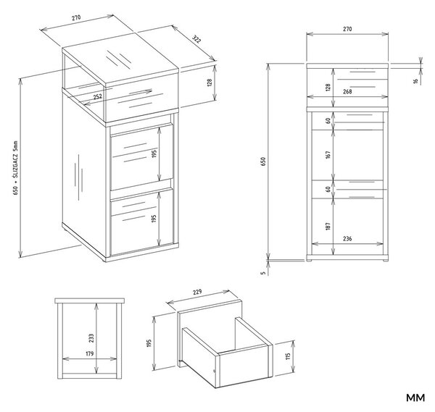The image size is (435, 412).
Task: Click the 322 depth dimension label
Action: click(x=196, y=40)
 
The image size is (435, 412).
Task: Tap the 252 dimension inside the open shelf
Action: click(x=97, y=97)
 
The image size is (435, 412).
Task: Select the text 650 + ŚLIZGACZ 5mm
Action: click(x=15, y=168)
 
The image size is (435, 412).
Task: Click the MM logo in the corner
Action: click(x=415, y=398)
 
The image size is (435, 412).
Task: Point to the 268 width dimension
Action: click(x=347, y=91)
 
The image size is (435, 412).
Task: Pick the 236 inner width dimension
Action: click(x=347, y=238)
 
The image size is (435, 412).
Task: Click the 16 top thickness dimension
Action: click(x=415, y=81)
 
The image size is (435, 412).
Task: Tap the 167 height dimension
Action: click(x=328, y=155)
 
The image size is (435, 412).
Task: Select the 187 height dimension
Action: click(x=328, y=226)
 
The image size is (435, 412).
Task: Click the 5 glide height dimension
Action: click(x=264, y=273)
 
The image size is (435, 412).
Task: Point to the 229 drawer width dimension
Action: click(x=197, y=293)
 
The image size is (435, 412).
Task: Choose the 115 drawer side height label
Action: click(x=288, y=356)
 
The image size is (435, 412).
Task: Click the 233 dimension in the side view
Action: click(x=91, y=338)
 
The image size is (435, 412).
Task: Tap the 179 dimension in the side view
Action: click(x=90, y=354)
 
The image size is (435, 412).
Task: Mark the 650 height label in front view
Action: click(x=263, y=161)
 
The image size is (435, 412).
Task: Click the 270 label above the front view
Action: click(x=347, y=29)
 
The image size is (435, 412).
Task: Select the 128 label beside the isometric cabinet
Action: click(x=210, y=83)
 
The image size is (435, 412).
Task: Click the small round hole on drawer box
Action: click(x=214, y=371)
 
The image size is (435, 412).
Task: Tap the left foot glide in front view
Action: click(x=309, y=260)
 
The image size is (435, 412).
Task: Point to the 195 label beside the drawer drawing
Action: click(x=149, y=343)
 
